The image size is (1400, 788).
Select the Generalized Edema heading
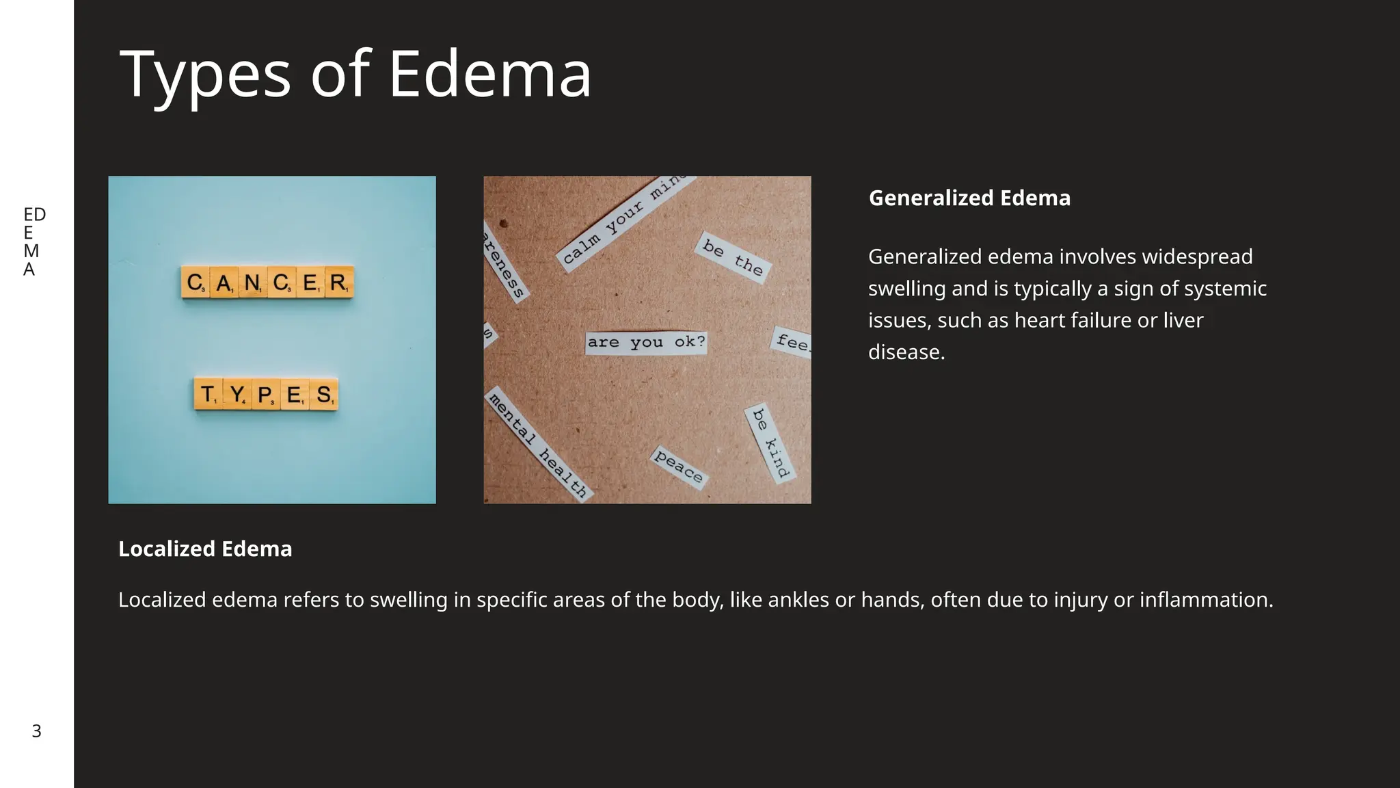[969, 198]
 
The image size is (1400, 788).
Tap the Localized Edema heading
[205, 549]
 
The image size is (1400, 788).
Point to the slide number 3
[36, 731]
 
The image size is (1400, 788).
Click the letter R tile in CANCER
[339, 282]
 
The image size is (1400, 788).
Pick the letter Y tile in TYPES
[237, 394]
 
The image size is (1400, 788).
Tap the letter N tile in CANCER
[252, 282]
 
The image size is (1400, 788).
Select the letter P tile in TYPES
[266, 394]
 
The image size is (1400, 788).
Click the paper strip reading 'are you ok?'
[646, 342]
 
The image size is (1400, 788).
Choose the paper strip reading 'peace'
[678, 466]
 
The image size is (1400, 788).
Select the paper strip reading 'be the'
[732, 257]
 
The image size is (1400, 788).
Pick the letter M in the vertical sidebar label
[31, 251]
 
